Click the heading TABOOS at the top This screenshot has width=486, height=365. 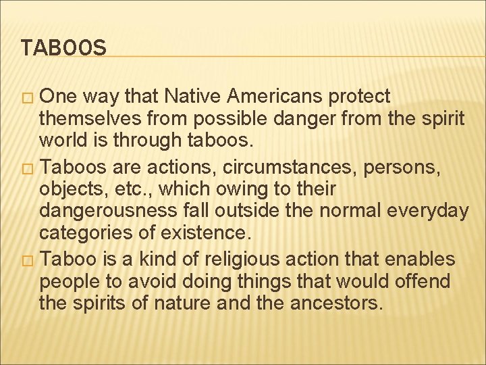tap(63, 48)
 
